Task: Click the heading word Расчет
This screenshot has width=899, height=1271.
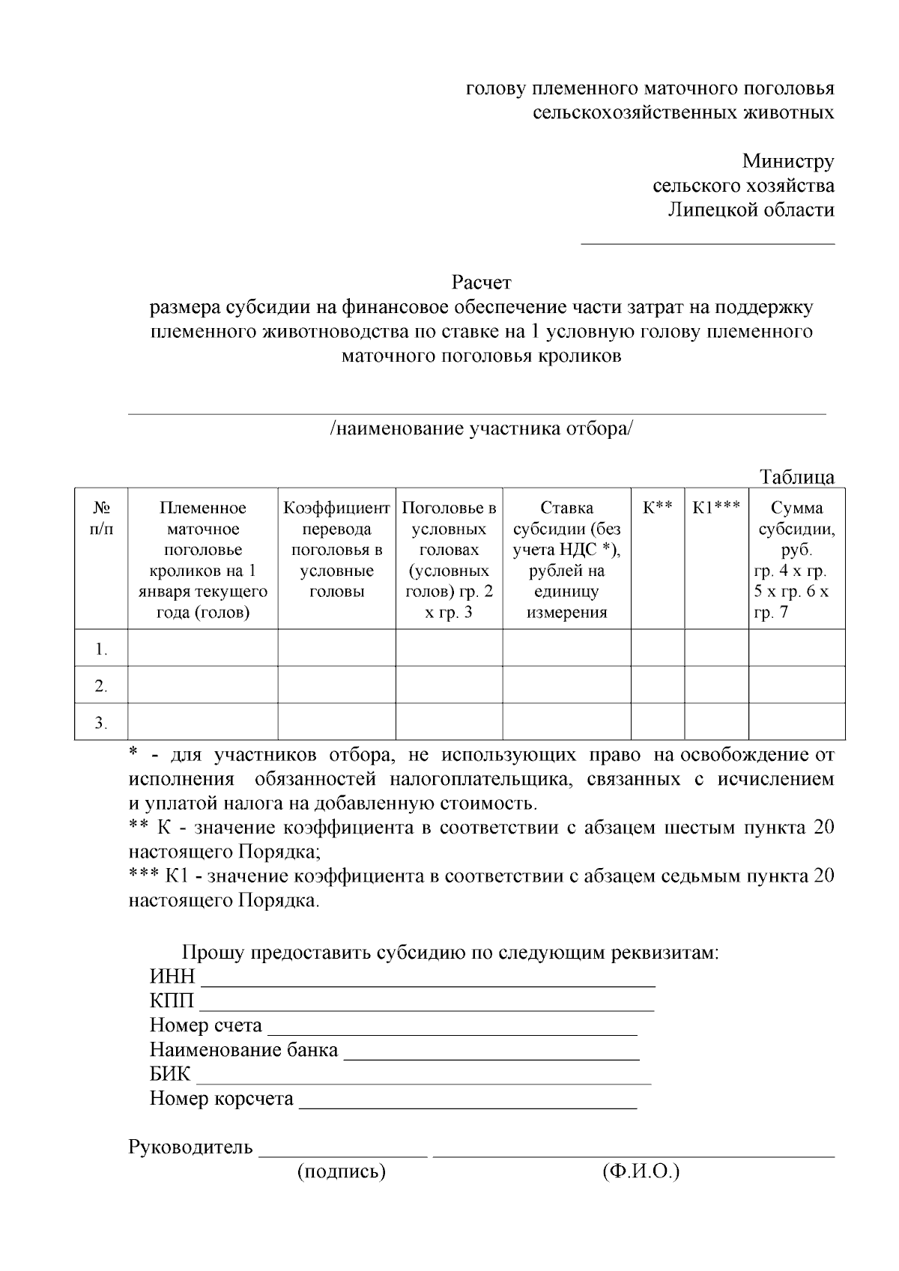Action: [481, 282]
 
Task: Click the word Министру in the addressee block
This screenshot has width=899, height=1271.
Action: [788, 161]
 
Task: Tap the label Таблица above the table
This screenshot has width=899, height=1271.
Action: [797, 476]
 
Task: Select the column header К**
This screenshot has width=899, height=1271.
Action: [657, 508]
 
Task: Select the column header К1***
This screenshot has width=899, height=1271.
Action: [716, 508]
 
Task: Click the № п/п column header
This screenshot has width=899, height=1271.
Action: [101, 518]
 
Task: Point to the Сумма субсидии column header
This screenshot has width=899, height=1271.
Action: [796, 559]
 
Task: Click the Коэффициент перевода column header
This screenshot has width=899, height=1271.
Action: [336, 549]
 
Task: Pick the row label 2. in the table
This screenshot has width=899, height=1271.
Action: [101, 685]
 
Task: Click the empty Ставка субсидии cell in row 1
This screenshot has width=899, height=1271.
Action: [566, 648]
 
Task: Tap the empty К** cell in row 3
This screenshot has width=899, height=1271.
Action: [657, 722]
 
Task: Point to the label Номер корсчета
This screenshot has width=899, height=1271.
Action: [221, 1099]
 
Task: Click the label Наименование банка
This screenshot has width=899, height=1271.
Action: [243, 1050]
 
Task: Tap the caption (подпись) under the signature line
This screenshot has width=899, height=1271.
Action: [341, 1171]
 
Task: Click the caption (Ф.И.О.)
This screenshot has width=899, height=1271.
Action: [641, 1171]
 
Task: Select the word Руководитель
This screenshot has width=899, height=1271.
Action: [191, 1147]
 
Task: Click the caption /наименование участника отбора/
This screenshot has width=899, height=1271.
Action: [481, 428]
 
